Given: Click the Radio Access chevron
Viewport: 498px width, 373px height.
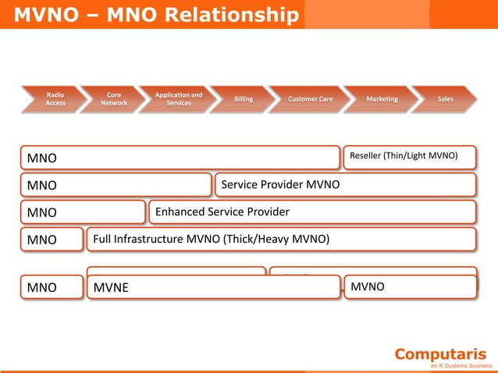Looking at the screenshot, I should (55, 99).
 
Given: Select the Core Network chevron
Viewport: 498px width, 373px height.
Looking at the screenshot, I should (113, 99).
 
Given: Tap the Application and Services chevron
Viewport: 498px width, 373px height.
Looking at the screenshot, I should (178, 99).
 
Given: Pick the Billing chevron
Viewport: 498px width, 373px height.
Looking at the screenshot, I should (243, 99).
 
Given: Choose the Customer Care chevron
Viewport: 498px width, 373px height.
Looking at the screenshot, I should (309, 99).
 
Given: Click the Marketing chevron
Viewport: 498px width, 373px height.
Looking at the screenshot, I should (381, 99).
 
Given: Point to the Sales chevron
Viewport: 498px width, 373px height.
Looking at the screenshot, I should (444, 99).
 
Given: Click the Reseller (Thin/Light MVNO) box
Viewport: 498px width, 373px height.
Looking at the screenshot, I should (409, 157).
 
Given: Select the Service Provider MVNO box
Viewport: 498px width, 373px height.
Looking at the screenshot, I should (344, 185).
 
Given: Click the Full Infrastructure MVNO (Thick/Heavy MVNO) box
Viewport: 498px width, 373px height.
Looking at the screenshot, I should (280, 240).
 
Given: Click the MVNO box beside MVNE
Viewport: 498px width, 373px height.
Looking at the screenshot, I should (409, 286).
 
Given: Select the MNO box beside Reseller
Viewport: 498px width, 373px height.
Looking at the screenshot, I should (180, 158).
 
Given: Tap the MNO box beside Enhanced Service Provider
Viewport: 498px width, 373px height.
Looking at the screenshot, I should (82, 212).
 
